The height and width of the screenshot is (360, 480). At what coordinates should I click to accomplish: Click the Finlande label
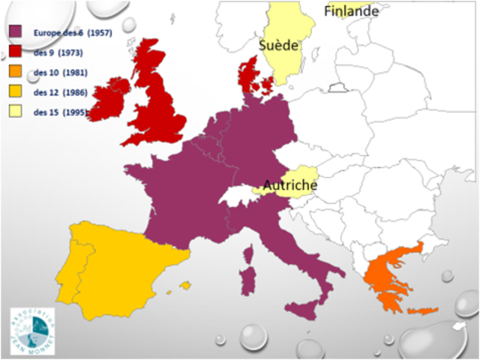(x=351, y=10)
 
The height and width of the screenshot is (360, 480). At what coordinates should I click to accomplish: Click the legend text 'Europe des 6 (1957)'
(x=72, y=33)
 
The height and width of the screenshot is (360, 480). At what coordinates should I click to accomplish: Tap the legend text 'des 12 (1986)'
(x=61, y=93)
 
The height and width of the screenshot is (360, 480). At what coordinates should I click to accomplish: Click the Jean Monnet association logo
(x=31, y=327)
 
